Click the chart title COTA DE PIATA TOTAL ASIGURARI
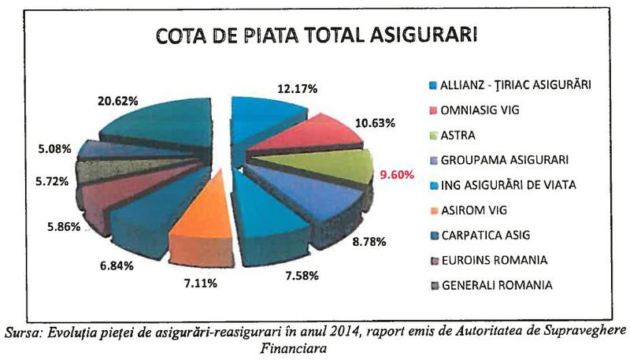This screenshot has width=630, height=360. [317, 37]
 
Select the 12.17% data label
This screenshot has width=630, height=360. [297, 90]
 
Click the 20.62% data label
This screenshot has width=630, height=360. [119, 101]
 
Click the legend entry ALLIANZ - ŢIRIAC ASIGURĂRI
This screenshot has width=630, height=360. [509, 84]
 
